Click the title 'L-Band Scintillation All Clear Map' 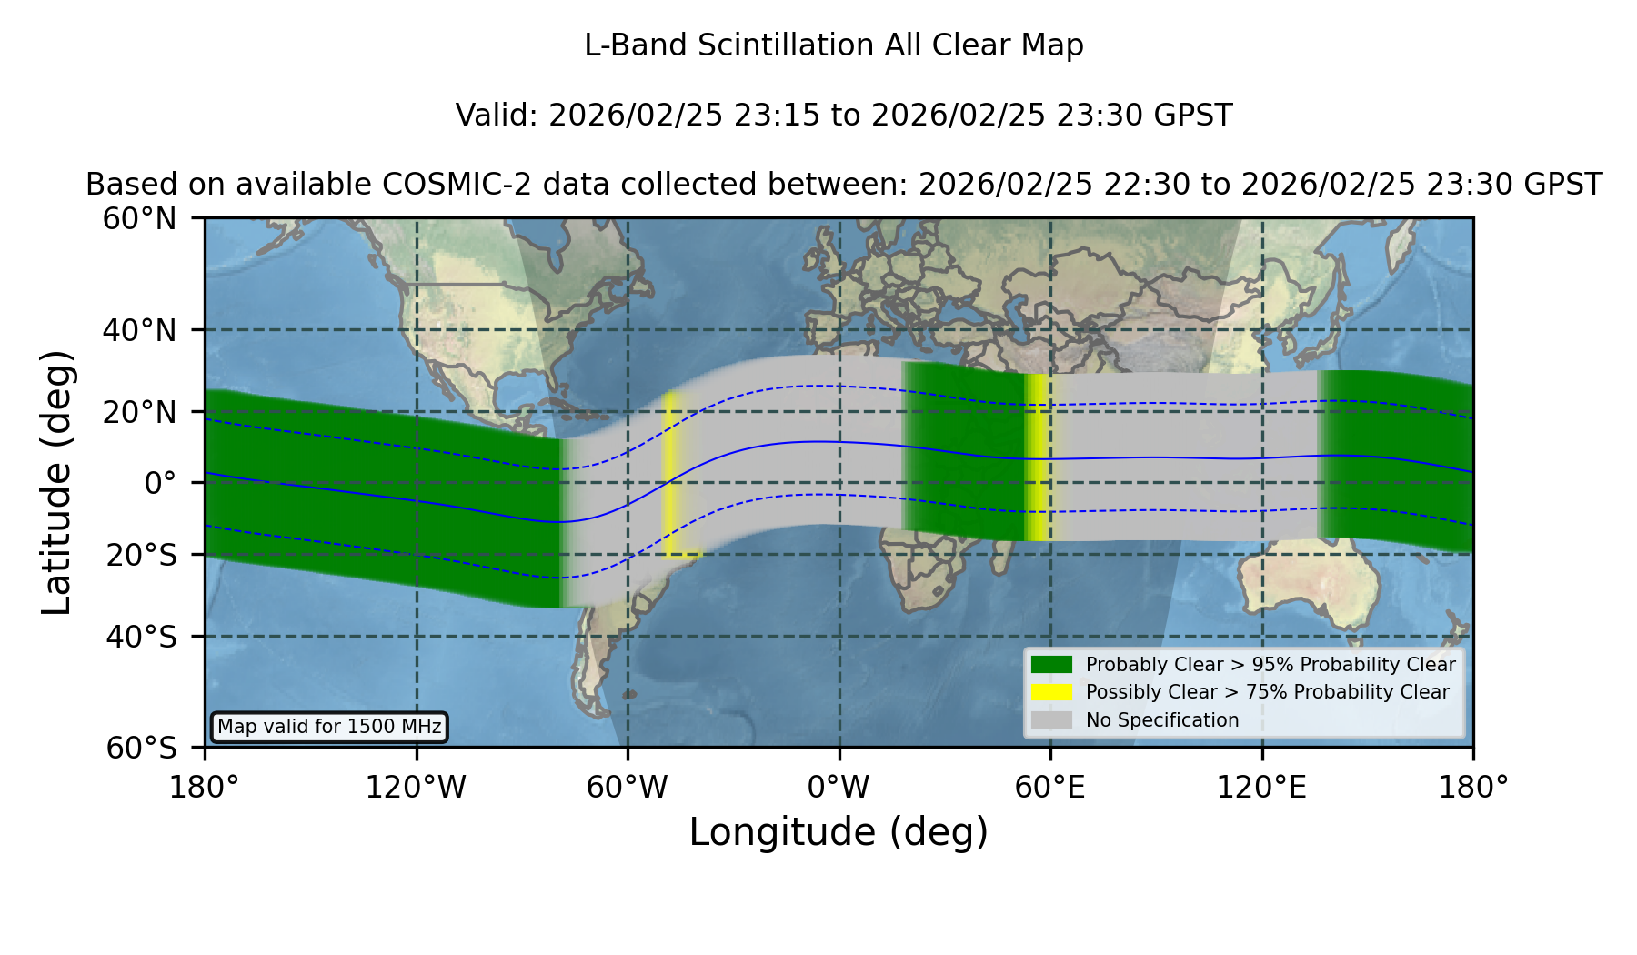(833, 45)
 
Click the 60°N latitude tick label (139, 219)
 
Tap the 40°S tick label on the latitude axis (141, 637)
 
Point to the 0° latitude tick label (160, 483)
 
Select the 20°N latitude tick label (139, 412)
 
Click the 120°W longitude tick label (416, 788)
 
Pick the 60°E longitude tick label (1050, 788)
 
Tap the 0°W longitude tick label (839, 788)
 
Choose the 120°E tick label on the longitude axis (1261, 788)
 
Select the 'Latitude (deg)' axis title (56, 482)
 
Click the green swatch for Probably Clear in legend (1052, 665)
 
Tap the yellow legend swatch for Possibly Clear (1052, 692)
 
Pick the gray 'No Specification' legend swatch (1052, 720)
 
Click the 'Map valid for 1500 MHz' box (329, 727)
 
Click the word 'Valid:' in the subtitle (497, 116)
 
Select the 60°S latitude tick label (141, 748)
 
